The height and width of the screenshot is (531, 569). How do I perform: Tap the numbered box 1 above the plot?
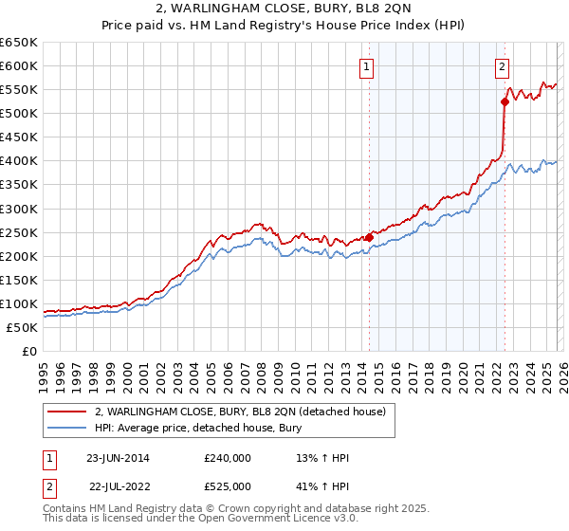pyautogui.click(x=366, y=66)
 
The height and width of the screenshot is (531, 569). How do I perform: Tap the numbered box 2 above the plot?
pyautogui.click(x=502, y=66)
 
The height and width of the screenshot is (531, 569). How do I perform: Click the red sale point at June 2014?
pyautogui.click(x=369, y=237)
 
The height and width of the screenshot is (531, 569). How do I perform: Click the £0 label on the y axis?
pyautogui.click(x=28, y=352)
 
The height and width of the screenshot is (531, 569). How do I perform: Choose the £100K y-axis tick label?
pyautogui.click(x=19, y=304)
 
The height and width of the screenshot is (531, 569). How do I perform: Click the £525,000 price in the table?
pyautogui.click(x=228, y=486)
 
